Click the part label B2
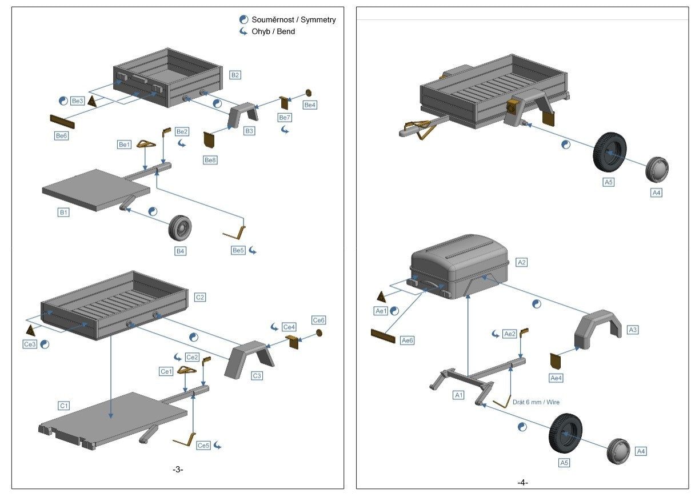[x=235, y=75]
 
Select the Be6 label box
[x=62, y=136]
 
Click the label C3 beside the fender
[x=257, y=375]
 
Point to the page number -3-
[x=178, y=470]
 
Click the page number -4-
[x=522, y=483]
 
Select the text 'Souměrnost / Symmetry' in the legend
[x=294, y=19]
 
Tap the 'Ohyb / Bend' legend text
[x=273, y=31]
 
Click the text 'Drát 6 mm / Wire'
[x=536, y=402]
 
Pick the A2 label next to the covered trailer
[x=521, y=262]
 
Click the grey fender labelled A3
[x=597, y=330]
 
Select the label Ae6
[x=408, y=340]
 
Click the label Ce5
[x=203, y=445]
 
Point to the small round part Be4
[x=309, y=93]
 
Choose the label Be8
[x=210, y=160]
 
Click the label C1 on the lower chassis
[x=64, y=406]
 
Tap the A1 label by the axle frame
[x=458, y=395]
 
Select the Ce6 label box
[x=319, y=320]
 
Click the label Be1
[x=125, y=145]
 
